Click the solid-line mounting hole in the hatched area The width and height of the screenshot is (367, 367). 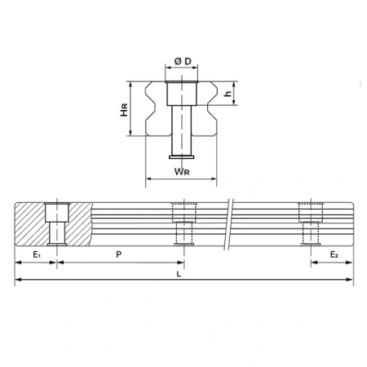tap(55, 223)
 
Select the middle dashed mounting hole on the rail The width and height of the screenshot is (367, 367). tap(183, 223)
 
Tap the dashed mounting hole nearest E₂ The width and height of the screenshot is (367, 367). tap(309, 223)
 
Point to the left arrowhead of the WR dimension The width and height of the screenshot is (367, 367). tap(147, 178)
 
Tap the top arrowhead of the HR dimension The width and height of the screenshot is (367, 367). tap(131, 81)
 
